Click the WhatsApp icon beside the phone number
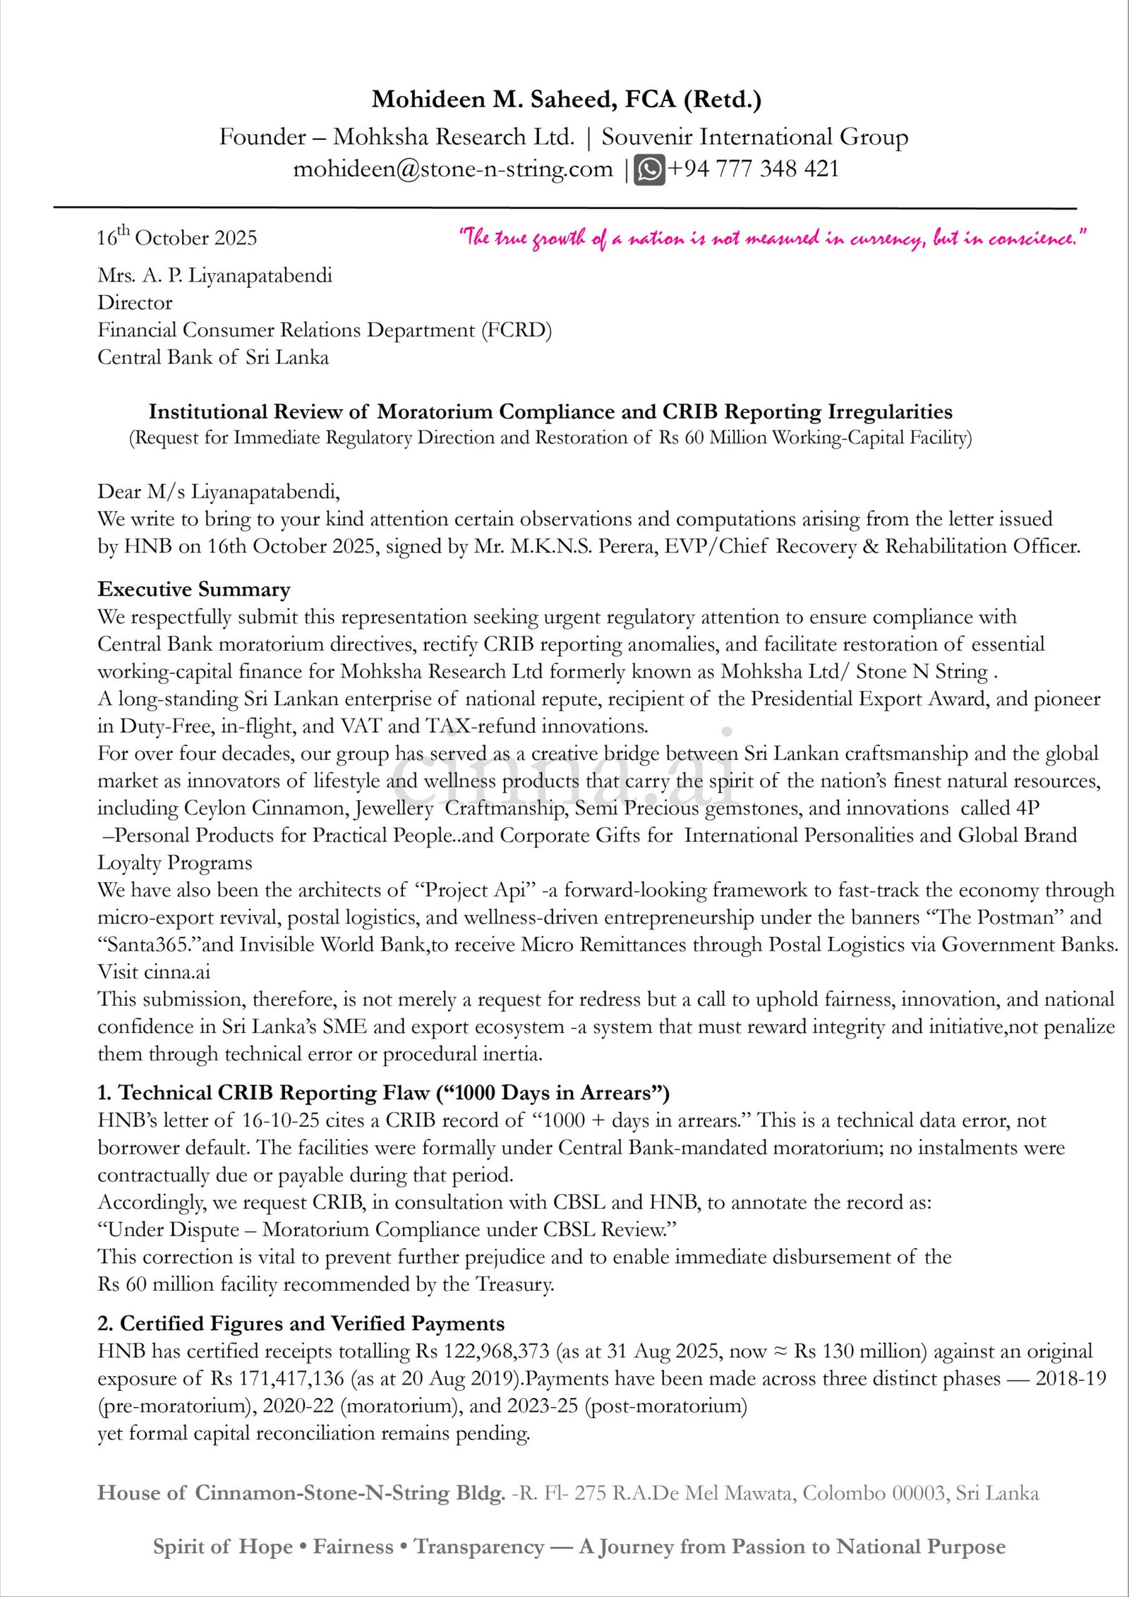point(649,170)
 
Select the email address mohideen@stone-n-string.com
point(452,169)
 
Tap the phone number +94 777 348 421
point(753,169)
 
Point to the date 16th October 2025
point(177,238)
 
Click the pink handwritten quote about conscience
point(773,239)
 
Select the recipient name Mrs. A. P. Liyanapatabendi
point(215,275)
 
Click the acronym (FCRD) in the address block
point(517,330)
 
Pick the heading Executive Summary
point(194,589)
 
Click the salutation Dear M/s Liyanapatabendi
point(219,491)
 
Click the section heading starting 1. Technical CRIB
point(383,1093)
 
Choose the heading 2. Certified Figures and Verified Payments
point(301,1323)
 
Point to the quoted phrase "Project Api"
point(476,890)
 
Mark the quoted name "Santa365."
point(143,945)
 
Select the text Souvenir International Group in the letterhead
point(754,137)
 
